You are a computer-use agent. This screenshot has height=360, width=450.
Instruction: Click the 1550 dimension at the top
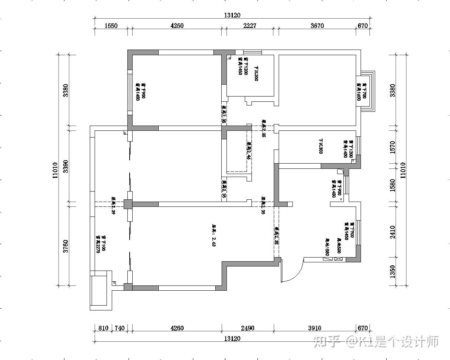pos(111,26)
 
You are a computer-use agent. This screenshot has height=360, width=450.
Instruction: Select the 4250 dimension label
pos(177,26)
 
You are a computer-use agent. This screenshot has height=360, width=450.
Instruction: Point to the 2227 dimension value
pos(250,26)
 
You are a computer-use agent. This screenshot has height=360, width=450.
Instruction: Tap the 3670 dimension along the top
pos(317,26)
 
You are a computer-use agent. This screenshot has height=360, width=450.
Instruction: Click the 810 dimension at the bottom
pos(103,328)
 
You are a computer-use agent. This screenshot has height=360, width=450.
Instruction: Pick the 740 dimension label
pos(119,328)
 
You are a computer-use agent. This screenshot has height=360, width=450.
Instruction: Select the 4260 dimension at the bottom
pos(177,328)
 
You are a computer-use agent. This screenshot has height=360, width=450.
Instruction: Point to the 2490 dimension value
pos(248,328)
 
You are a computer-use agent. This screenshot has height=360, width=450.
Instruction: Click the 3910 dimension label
pos(314,328)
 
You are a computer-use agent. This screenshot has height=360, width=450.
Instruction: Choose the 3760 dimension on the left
pos(66,246)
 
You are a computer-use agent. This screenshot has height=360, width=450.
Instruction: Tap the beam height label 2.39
pos(113,206)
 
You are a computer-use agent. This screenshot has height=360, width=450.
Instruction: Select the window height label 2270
pos(98,244)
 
